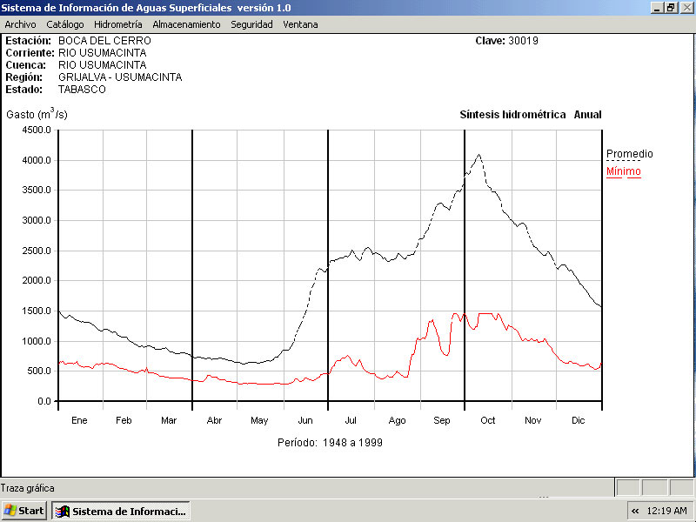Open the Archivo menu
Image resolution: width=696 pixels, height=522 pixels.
20,24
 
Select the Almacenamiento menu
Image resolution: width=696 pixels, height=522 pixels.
186,24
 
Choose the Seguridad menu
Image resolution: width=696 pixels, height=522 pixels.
251,24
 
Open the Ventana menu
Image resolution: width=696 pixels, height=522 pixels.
300,24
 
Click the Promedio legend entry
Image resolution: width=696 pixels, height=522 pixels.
629,154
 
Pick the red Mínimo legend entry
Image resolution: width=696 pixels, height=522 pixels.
623,171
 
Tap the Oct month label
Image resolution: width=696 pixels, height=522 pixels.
488,421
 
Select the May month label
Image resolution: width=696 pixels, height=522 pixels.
259,421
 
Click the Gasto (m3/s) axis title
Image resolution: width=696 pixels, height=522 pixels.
37,114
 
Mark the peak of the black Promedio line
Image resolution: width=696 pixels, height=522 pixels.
478,155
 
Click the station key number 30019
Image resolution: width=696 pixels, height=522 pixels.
525,41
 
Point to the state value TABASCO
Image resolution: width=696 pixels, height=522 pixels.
82,90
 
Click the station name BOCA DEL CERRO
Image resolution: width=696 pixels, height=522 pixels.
104,41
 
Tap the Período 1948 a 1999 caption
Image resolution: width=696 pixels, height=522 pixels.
330,443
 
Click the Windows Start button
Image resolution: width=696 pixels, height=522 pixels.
24,511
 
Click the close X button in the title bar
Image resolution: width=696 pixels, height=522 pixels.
686,7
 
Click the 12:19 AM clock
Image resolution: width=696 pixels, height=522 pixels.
666,511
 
